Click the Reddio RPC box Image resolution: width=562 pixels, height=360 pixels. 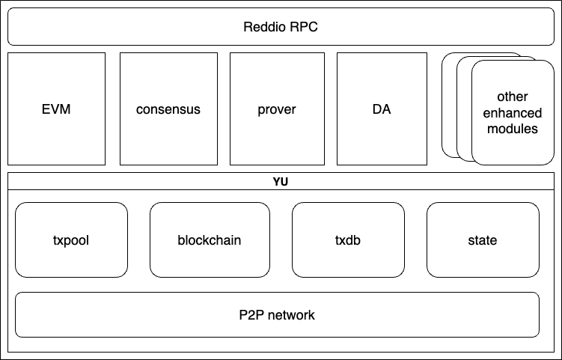281,27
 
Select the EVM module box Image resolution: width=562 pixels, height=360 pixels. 56,109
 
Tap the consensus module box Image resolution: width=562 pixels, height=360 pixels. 168,109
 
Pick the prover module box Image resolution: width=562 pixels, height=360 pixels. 277,109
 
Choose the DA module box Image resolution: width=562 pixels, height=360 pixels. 382,109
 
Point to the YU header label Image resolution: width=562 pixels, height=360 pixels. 281,181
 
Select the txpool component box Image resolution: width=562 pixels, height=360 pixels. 71,240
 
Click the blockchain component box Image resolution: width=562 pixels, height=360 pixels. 210,240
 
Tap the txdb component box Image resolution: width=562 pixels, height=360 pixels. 348,240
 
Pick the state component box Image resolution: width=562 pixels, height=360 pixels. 483,240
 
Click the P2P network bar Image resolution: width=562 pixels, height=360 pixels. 277,314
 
